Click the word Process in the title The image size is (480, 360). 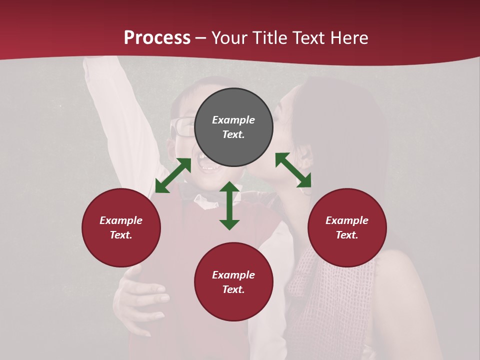coord(157,38)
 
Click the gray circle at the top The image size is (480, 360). coord(233,127)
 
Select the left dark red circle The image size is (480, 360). coord(121,227)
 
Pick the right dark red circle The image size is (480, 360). coord(347,227)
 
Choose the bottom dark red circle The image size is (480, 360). coord(233,282)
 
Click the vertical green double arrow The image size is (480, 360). coord(229,205)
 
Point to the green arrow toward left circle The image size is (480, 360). coord(173,175)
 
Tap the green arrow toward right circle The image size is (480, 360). coord(293,170)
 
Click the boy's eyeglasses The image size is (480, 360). coord(182,127)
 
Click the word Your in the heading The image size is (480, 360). coord(230,38)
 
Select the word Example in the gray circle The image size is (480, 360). coord(233,120)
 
